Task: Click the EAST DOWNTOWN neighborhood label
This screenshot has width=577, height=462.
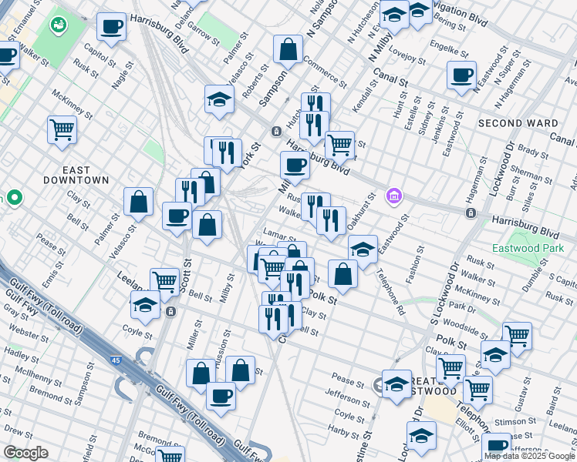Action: pos(86,175)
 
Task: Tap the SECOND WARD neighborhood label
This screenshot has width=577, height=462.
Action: pos(517,123)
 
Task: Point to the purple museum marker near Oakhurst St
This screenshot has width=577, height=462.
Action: pos(394,197)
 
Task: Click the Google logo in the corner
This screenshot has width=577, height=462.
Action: pos(25,453)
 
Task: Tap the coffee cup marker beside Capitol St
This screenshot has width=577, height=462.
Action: pos(111,27)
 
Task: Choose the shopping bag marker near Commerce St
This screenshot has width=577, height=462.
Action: pos(288,50)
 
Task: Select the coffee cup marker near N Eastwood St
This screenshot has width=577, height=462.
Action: pos(461,75)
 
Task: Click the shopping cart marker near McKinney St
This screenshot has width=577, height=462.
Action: pos(62,129)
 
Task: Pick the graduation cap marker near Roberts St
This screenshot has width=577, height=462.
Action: pos(220,99)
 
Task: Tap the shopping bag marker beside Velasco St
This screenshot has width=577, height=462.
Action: pos(138,202)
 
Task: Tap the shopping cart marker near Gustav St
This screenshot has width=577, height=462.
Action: pos(517,335)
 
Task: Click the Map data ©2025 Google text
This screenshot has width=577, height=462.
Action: pos(529,455)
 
